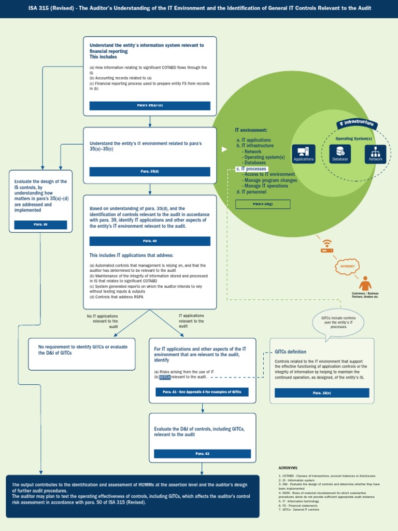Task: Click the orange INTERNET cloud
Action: coord(347,266)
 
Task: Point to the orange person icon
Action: coord(365,283)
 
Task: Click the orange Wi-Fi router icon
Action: coord(326,246)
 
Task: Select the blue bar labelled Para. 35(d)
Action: coord(150,172)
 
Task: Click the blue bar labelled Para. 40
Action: coord(150,241)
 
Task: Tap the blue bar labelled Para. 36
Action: coord(40,225)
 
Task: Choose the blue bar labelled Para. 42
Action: coord(202,454)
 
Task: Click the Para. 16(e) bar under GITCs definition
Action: coord(322,393)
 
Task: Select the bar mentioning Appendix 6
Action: coord(202,392)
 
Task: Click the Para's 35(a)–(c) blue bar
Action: coord(150,106)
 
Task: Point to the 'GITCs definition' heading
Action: coord(290,352)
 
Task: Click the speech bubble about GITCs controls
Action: coord(338,323)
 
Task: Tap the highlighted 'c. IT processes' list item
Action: coord(251,169)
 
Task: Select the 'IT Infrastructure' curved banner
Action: coord(357,123)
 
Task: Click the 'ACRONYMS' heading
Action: coord(288,468)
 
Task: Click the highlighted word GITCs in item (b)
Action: coord(164,377)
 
